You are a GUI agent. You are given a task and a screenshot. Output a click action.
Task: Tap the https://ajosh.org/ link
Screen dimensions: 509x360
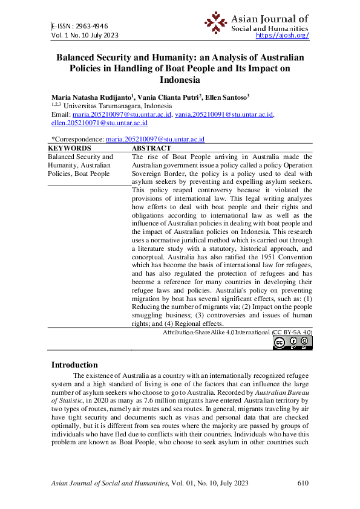coord(283,35)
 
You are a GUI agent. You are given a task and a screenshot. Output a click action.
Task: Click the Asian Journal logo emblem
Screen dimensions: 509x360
coord(215,22)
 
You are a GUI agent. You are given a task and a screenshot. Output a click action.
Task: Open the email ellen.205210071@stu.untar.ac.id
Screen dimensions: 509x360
coord(99,122)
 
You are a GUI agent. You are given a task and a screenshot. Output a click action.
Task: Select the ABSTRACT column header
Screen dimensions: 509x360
coord(151,148)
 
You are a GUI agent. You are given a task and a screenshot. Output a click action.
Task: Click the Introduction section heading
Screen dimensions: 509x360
coord(74,365)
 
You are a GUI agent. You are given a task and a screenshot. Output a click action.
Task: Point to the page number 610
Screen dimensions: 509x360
coord(304,482)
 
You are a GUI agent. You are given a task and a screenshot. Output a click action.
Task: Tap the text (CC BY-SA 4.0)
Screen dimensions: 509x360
coord(292,332)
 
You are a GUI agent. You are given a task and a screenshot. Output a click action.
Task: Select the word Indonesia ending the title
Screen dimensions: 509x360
coord(180,79)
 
